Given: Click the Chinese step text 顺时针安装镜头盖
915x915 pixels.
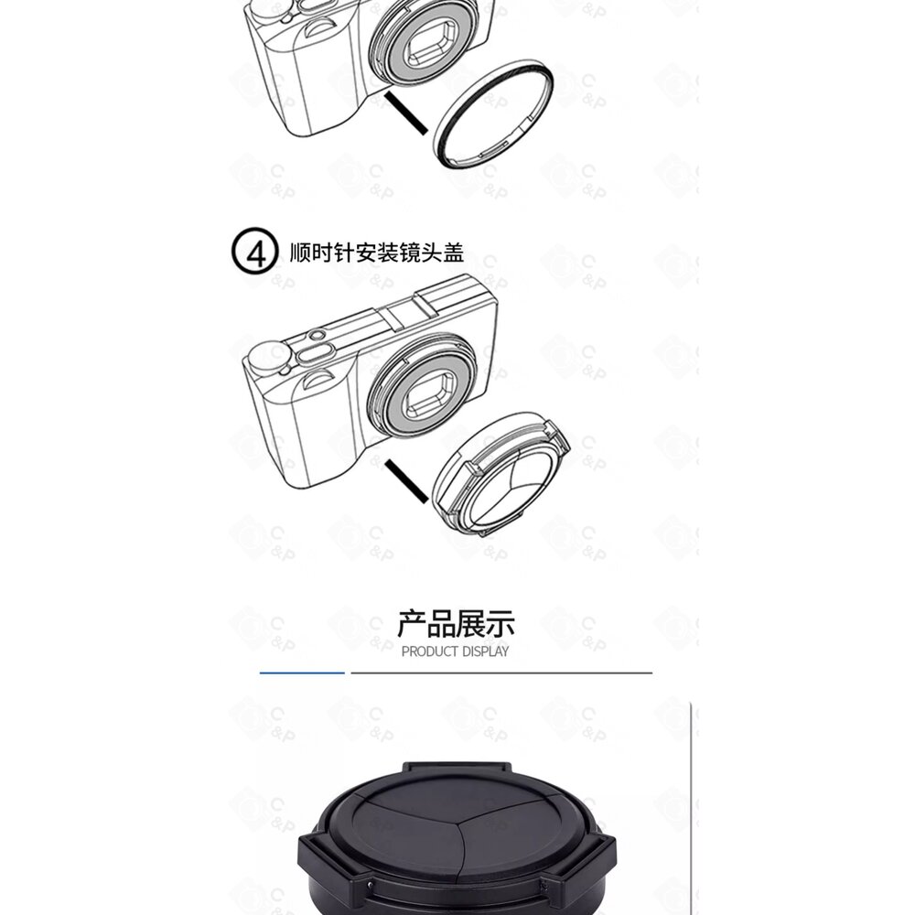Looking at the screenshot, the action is click(377, 253).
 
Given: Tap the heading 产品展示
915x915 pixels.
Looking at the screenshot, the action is click(456, 624).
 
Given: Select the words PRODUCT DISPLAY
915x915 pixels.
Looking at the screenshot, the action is click(455, 651).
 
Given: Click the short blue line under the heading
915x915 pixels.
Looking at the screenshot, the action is click(302, 673).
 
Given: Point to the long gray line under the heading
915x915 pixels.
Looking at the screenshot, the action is click(501, 673).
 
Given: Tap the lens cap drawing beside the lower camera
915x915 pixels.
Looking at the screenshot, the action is click(501, 472).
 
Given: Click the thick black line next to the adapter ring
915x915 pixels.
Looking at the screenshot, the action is click(406, 113).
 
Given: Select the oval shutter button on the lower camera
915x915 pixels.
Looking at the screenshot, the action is click(316, 353).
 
